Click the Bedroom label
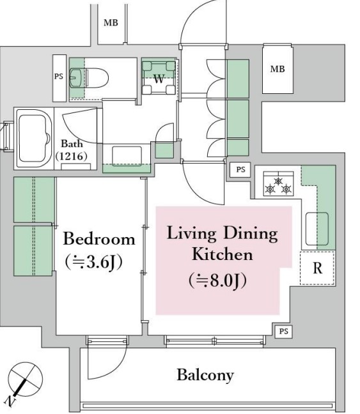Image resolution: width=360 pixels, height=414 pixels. (x=99, y=239)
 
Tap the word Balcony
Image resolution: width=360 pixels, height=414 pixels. (x=205, y=375)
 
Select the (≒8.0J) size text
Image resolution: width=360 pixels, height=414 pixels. (x=217, y=280)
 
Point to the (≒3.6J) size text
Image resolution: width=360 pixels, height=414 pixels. (x=93, y=262)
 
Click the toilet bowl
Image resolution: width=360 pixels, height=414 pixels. (x=97, y=78)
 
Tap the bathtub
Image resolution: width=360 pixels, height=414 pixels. (x=34, y=138)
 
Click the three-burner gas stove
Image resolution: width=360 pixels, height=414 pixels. (x=278, y=184)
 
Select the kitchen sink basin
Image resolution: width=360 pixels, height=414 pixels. (x=317, y=229)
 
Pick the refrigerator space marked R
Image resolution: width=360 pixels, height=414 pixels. (x=317, y=268)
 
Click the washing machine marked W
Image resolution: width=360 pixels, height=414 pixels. (x=159, y=77)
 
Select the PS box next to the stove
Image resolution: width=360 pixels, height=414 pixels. (x=240, y=169)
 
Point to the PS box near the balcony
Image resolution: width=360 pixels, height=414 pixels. (x=283, y=331)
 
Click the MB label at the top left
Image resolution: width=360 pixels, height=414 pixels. (x=111, y=23)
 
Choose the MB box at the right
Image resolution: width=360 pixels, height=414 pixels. (x=278, y=69)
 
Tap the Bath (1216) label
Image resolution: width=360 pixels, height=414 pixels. (x=72, y=150)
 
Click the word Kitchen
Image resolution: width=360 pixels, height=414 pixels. (x=222, y=254)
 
